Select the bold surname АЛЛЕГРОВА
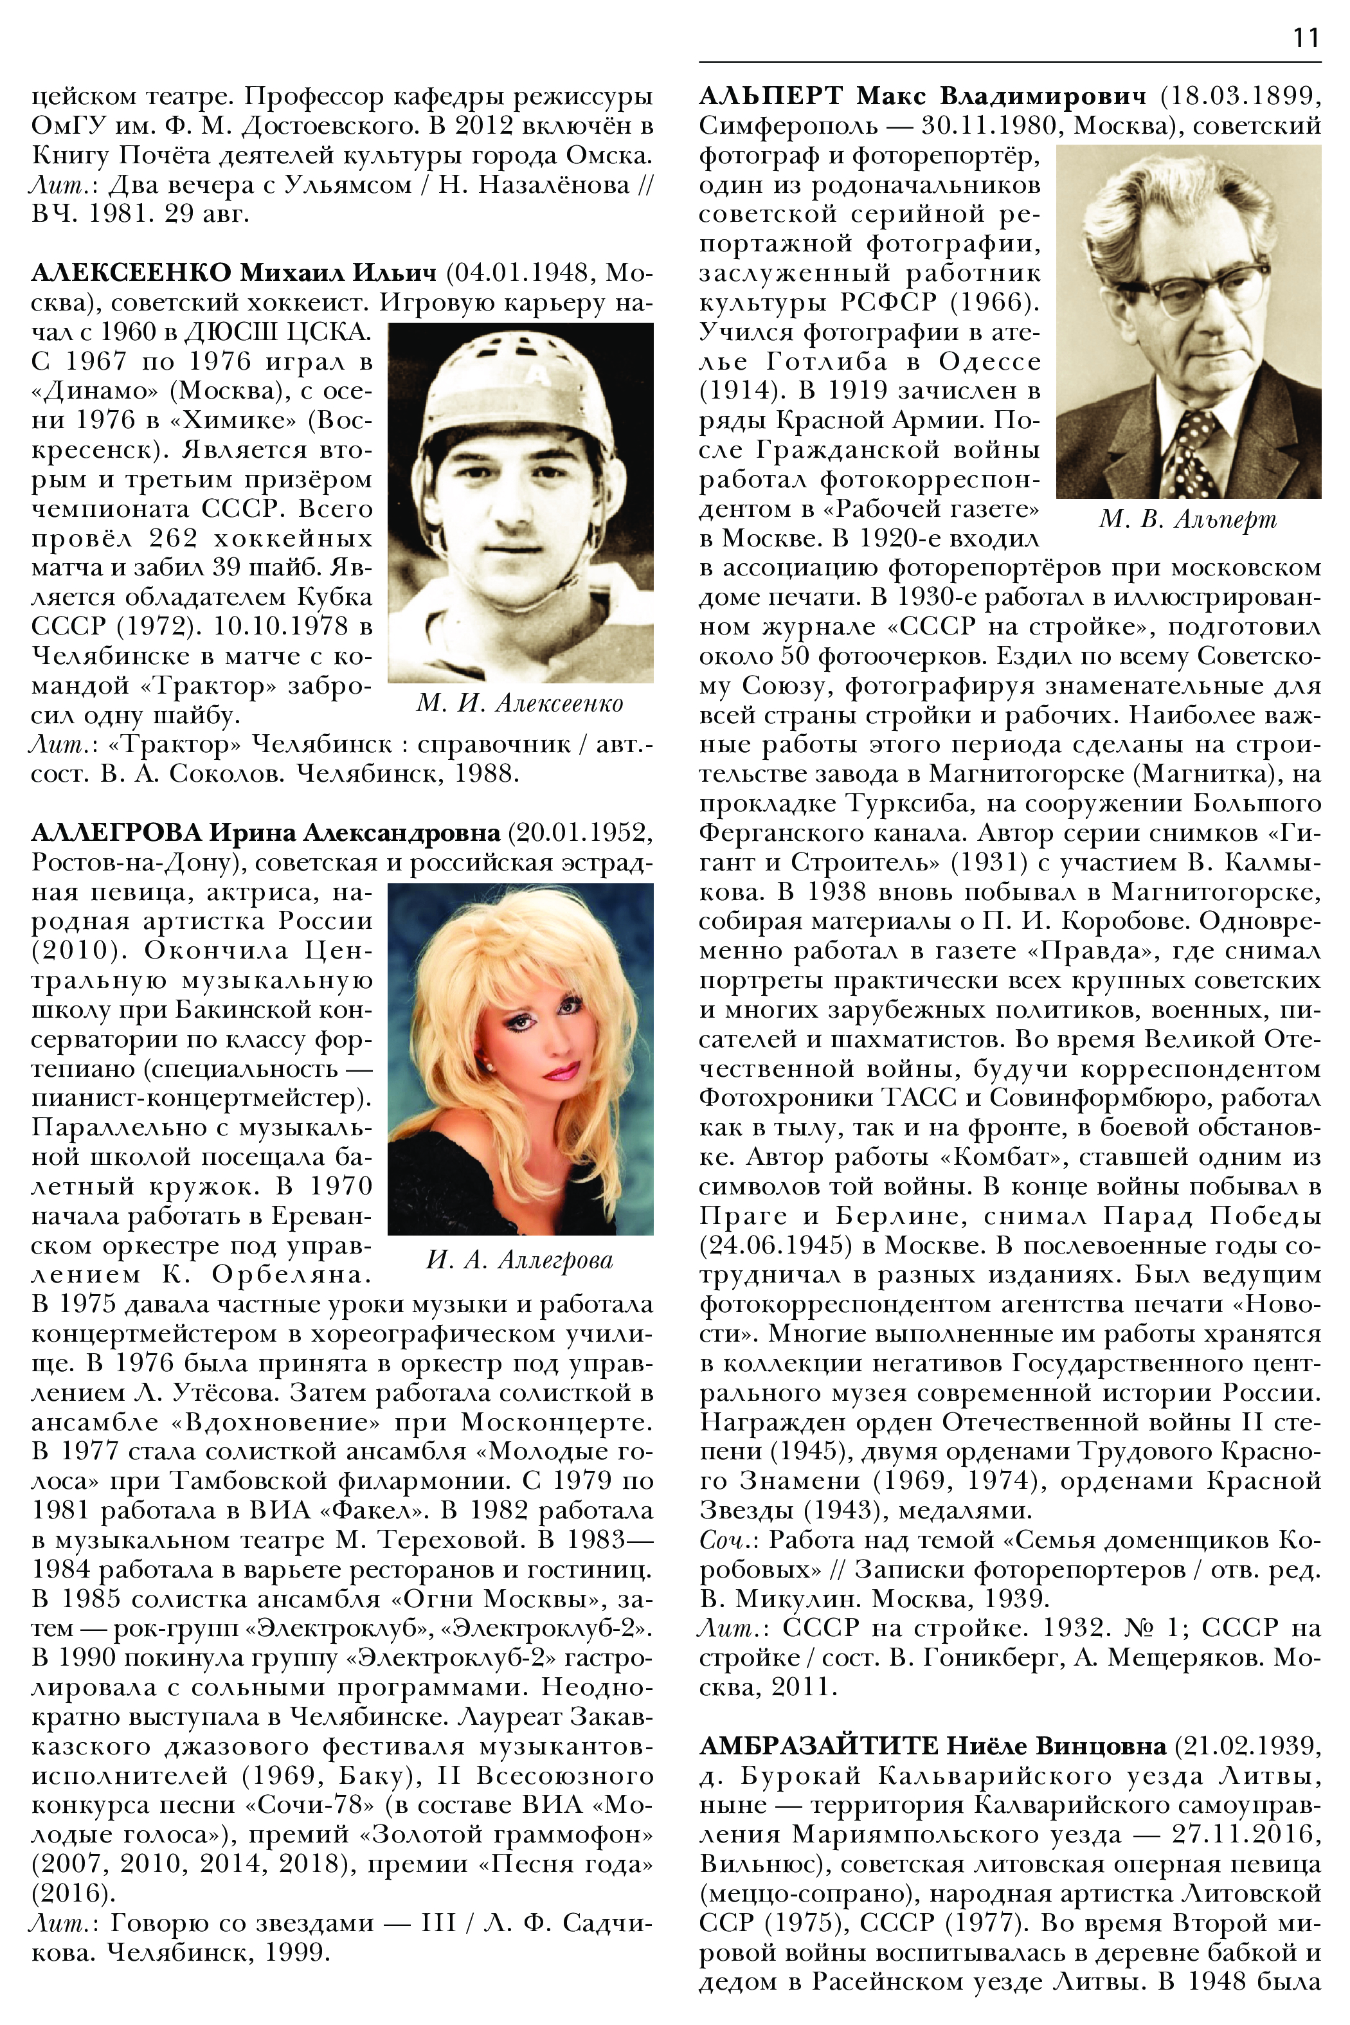[116, 833]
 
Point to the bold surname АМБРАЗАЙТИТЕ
[818, 1745]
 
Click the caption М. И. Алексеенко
[520, 703]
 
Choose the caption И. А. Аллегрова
[520, 1259]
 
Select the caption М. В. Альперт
[1188, 519]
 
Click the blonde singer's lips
[561, 1072]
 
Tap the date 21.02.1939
[1251, 1745]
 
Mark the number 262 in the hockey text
[173, 538]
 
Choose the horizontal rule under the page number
[1009, 62]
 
